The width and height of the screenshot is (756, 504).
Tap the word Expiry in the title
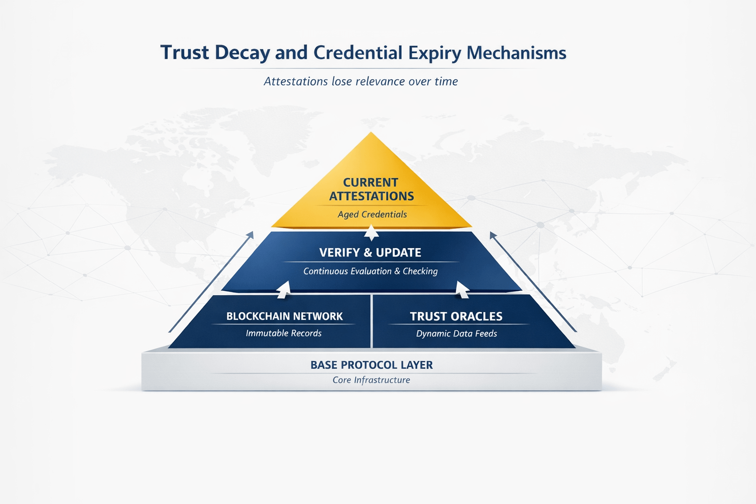[434, 53]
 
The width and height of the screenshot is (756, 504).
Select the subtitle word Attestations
[295, 81]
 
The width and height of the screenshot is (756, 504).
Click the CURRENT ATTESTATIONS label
[371, 189]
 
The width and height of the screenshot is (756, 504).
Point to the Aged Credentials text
[372, 214]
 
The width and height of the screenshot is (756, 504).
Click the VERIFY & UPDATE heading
[370, 252]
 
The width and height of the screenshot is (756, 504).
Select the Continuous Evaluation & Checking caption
[370, 271]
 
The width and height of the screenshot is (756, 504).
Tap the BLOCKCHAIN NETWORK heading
[284, 316]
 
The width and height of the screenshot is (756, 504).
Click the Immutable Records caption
[283, 333]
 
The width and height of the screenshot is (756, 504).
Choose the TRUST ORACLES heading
[456, 316]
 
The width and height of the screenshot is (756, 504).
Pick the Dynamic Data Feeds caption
[456, 334]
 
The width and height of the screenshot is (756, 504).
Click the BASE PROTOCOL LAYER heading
[372, 365]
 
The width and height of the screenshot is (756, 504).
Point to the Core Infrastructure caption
[371, 380]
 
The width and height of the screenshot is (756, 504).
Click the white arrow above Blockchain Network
[283, 289]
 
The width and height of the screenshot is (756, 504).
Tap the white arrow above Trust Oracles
[462, 289]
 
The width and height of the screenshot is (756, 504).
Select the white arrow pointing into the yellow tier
[371, 232]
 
